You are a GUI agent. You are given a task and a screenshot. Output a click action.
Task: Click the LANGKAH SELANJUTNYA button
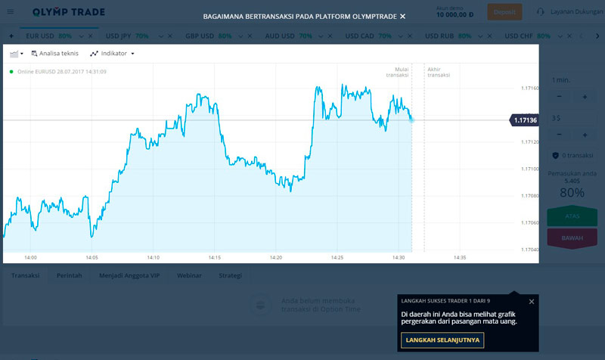point(442,340)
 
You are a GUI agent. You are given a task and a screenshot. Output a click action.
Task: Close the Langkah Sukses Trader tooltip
point(532,301)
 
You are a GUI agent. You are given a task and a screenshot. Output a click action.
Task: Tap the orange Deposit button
point(504,12)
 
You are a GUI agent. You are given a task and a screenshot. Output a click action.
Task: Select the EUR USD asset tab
point(41,36)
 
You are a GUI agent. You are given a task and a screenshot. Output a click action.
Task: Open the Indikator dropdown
point(112,54)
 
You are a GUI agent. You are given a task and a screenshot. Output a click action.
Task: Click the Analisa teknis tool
point(54,54)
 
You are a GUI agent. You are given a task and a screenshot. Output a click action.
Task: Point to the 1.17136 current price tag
point(524,120)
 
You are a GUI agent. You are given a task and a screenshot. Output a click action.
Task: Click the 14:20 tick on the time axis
point(275,257)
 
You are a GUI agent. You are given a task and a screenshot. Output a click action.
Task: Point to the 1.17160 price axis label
point(529,88)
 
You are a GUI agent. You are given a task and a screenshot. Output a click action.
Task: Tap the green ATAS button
point(572,216)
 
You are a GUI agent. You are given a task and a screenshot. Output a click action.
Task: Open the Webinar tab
point(189,275)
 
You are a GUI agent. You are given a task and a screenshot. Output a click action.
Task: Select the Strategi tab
point(230,275)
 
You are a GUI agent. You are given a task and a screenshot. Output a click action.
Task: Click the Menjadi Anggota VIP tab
point(129,275)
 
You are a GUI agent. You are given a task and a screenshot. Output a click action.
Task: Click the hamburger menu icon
point(10,12)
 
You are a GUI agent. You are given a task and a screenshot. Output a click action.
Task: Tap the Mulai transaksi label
point(397,72)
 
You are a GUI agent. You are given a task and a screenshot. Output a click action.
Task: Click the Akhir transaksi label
point(439,72)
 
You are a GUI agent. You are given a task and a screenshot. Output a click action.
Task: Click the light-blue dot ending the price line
point(411,119)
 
